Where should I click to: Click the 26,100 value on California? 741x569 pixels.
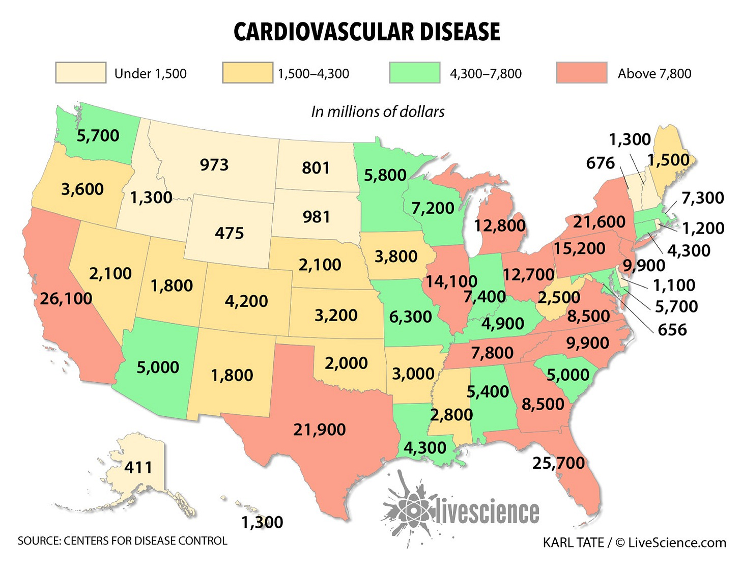pos(66,298)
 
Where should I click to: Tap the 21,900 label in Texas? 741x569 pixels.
pos(319,430)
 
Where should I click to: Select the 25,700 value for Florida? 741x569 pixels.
pos(558,463)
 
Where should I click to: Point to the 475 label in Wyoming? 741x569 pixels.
pos(229,233)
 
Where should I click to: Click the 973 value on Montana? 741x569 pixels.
pos(214,165)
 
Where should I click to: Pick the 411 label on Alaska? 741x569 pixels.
pos(138,467)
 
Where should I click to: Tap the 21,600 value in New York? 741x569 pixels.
pos(599,222)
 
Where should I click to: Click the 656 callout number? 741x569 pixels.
pos(672,330)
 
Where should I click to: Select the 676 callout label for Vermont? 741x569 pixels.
pos(601,163)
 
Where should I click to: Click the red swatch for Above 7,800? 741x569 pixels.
pos(582,73)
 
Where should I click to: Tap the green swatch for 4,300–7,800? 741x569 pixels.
pos(415,73)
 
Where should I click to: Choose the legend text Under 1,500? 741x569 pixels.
pos(150,74)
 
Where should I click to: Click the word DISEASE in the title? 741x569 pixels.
pos(452,32)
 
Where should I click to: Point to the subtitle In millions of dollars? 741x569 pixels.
pos(378,111)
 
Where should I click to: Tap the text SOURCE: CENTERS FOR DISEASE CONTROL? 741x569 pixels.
pos(122,540)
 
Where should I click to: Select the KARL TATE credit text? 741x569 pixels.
pos(574,543)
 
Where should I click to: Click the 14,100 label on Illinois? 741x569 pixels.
pos(451,281)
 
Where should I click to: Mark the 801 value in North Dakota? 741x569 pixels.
pos(316,168)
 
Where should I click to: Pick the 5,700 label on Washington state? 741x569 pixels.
pos(98,135)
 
